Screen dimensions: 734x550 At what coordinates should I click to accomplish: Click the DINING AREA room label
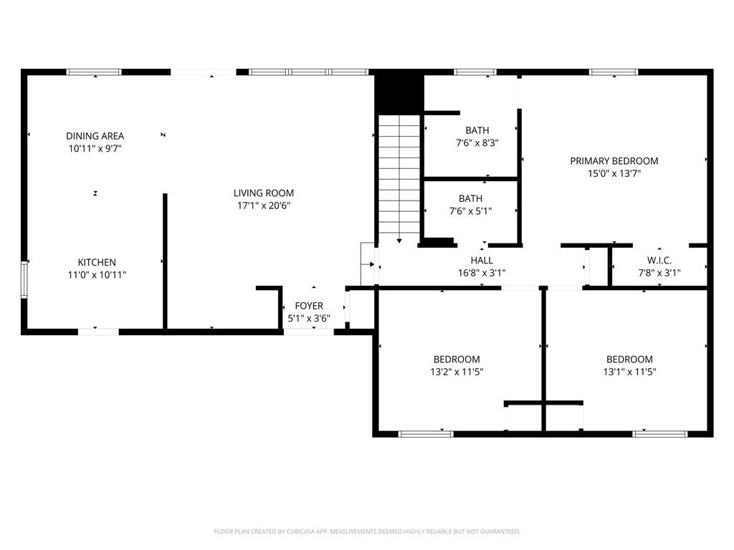point(95,136)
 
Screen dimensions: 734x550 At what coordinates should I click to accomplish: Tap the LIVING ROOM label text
point(264,193)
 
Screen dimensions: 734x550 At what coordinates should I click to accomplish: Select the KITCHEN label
point(97,262)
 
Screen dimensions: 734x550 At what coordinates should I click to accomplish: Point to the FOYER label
point(309,306)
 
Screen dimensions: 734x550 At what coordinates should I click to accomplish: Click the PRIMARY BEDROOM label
point(614,161)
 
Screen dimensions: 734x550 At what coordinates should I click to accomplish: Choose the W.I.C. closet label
point(659,260)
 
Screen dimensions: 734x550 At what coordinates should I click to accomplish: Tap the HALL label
point(482,260)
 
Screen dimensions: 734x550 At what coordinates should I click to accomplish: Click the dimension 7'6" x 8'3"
point(477,143)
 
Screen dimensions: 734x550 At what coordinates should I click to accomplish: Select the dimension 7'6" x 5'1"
point(470,211)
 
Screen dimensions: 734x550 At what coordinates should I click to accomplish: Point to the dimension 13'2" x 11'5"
point(457,372)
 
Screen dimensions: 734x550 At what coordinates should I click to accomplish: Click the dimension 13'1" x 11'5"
point(629,372)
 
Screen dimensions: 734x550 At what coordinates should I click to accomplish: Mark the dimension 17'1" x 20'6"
point(264,206)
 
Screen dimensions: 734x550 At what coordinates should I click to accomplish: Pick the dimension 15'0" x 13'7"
point(614,173)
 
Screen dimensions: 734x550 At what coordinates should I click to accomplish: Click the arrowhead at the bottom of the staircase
point(399,241)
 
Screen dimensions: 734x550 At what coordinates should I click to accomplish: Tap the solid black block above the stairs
point(399,91)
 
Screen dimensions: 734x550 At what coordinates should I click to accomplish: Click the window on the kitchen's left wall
point(24,280)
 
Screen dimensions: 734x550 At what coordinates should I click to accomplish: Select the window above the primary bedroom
point(614,72)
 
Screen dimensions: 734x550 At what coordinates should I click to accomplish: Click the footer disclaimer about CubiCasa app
point(367,532)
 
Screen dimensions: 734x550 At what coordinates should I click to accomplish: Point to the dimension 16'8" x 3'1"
point(482,273)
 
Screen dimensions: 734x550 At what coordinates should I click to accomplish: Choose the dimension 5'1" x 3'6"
point(309,319)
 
